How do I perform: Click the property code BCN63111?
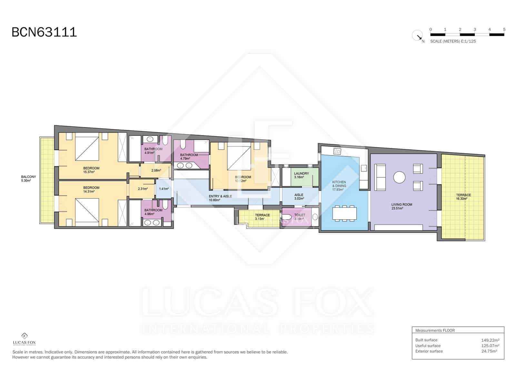[x=44, y=32]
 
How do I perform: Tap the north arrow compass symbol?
[x=418, y=35]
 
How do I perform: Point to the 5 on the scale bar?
[x=504, y=29]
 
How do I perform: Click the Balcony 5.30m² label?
[x=28, y=179]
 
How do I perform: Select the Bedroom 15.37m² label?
[x=91, y=170]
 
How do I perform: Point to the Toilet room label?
[x=299, y=217]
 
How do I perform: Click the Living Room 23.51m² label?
[x=402, y=206]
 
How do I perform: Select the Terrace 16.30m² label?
[x=463, y=197]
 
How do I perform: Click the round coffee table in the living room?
[x=399, y=177]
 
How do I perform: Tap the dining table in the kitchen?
[x=344, y=213]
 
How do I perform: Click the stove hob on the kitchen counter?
[x=337, y=151]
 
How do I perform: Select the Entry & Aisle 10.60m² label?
[x=220, y=198]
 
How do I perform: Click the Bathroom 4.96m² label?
[x=153, y=212]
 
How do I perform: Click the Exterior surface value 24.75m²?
[x=489, y=351]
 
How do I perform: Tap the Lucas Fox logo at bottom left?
[x=24, y=339]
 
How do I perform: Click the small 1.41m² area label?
[x=164, y=189]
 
